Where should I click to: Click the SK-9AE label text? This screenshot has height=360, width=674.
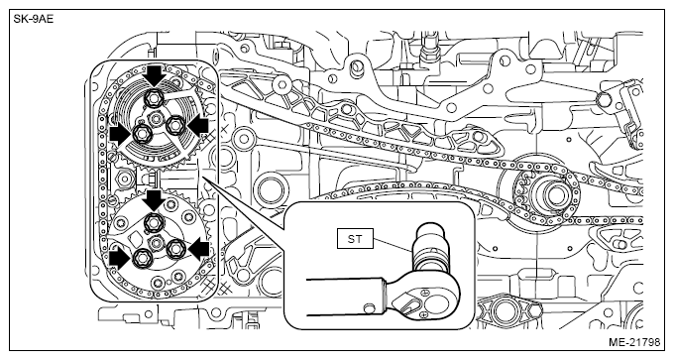pyautogui.click(x=34, y=20)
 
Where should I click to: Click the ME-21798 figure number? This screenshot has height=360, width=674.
pyautogui.click(x=634, y=343)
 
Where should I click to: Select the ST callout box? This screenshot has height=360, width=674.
pyautogui.click(x=355, y=239)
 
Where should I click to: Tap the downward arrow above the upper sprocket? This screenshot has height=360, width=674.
pyautogui.click(x=155, y=76)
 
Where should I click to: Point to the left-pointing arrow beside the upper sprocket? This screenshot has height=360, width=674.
pyautogui.click(x=198, y=127)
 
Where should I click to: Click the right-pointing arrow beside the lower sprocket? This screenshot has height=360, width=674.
pyautogui.click(x=120, y=261)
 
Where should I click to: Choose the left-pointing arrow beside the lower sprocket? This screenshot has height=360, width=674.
pyautogui.click(x=199, y=250)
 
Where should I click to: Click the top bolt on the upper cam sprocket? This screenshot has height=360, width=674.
pyautogui.click(x=153, y=98)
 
